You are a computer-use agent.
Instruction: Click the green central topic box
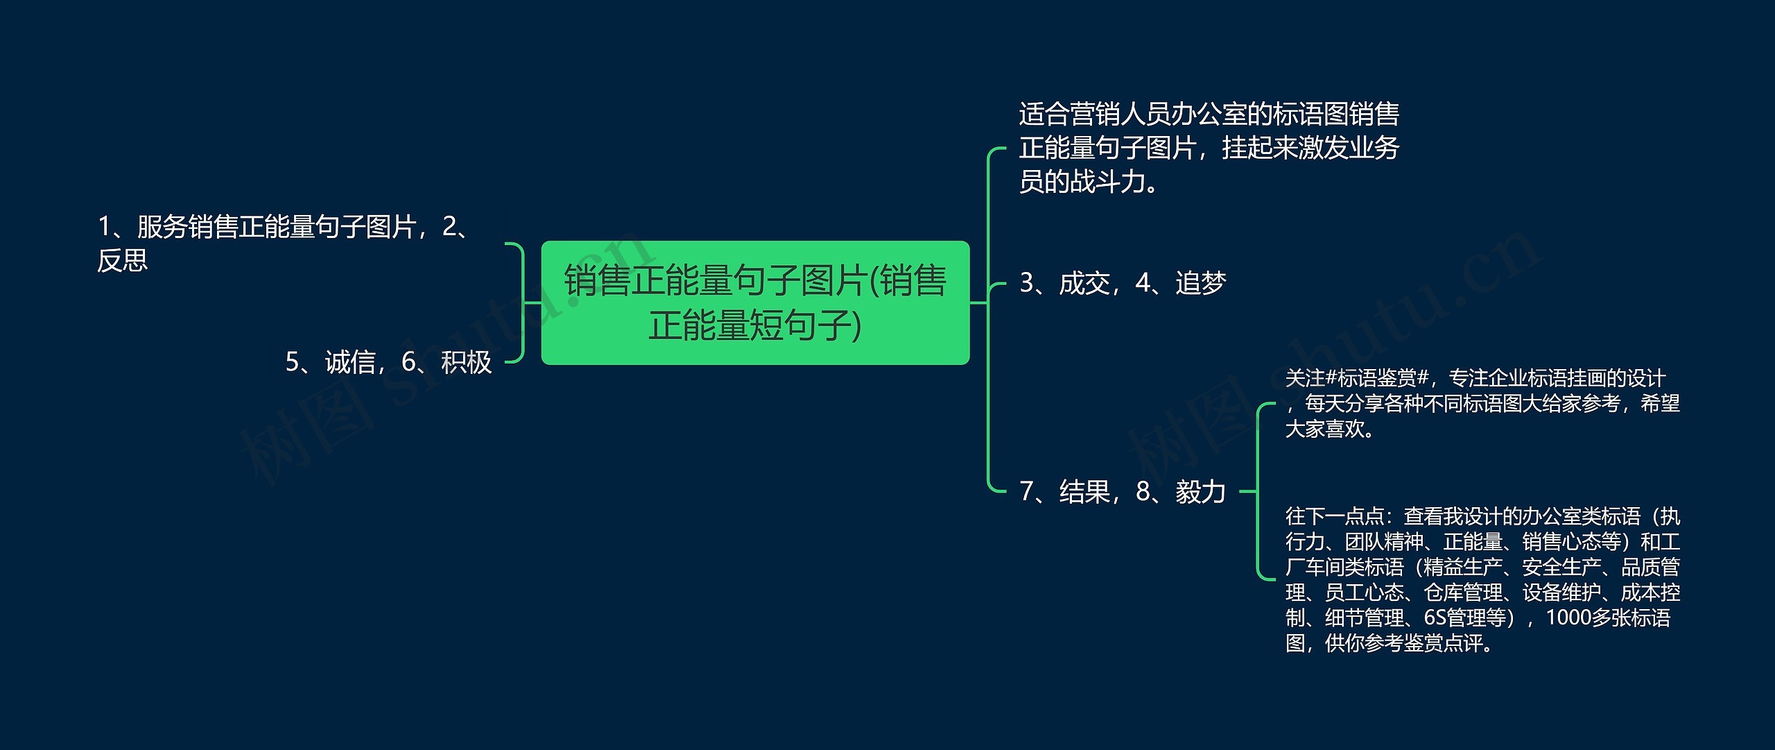(x=755, y=302)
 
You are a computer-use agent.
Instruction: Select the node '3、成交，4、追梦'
(x=1123, y=283)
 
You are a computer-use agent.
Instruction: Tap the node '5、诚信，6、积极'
(x=388, y=362)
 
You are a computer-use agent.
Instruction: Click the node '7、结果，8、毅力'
(x=1123, y=492)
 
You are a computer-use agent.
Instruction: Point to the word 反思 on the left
(x=123, y=261)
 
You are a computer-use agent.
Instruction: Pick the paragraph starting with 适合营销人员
(x=1209, y=148)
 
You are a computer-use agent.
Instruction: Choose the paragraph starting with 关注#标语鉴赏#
(x=1482, y=404)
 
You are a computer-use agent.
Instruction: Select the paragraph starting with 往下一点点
(x=1482, y=579)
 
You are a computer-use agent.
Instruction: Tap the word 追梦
(x=1201, y=283)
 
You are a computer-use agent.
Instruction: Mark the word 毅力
(x=1201, y=492)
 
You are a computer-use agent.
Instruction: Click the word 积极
(x=467, y=362)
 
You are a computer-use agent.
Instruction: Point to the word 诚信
(x=350, y=362)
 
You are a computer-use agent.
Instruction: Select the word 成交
(x=1085, y=283)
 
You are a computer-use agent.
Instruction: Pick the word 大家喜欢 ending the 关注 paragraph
(x=1325, y=429)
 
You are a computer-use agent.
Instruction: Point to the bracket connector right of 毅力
(x=1257, y=491)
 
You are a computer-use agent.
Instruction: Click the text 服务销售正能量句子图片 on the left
(x=276, y=227)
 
